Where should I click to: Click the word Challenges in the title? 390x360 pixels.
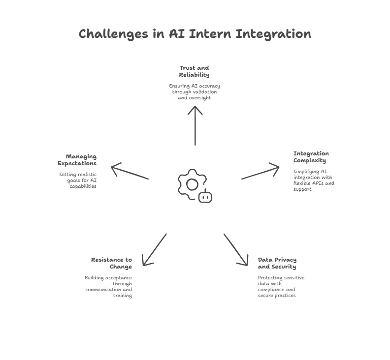113,34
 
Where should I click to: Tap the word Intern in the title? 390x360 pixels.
210,33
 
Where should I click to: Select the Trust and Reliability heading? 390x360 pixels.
194,71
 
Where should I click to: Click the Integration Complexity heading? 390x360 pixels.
311,157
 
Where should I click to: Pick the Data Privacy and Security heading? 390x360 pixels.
277,263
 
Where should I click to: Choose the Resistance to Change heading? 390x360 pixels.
111,263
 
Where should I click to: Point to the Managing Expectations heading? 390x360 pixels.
77,160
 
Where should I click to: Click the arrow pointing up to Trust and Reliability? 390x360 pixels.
195,126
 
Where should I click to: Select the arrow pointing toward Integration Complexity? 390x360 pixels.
260,173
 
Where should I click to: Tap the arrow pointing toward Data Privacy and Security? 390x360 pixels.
236,250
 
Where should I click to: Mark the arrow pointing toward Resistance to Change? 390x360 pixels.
155,250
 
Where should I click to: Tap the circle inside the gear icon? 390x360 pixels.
192,184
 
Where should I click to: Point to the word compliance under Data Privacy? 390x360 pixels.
270,290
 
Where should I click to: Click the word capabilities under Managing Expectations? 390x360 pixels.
83,186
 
